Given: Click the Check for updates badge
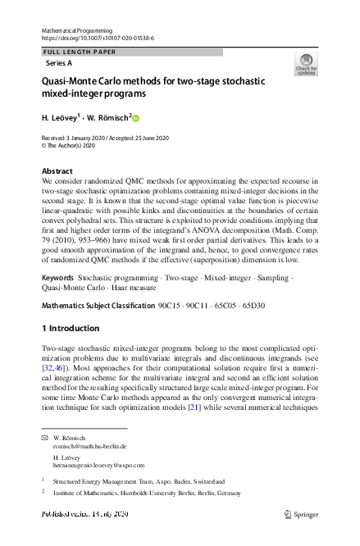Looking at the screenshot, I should click(306, 65).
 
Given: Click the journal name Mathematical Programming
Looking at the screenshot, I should click(75, 30).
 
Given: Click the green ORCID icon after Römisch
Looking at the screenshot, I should click(136, 118).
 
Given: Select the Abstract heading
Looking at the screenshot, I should click(57, 171).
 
